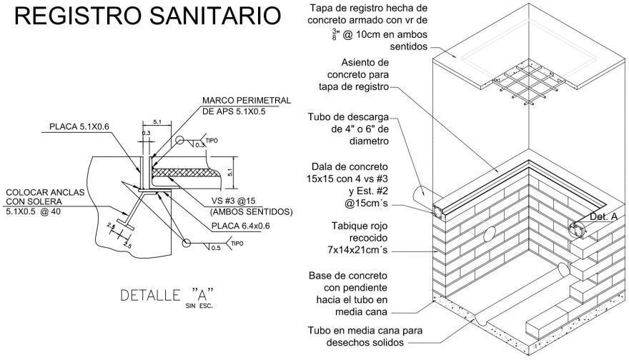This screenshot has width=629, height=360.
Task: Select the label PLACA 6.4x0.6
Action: pyautogui.click(x=242, y=226)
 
